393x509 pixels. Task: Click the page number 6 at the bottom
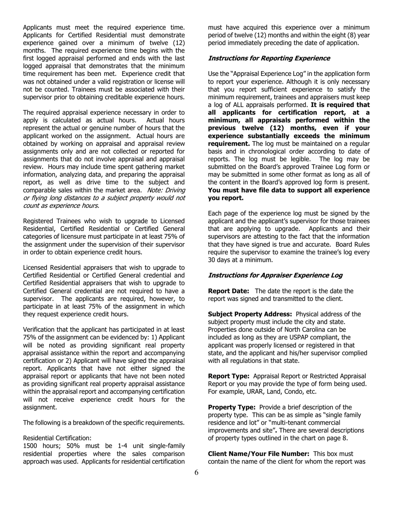point(196,473)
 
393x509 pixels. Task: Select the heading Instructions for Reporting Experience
point(268,58)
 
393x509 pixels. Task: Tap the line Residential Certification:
point(57,438)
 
